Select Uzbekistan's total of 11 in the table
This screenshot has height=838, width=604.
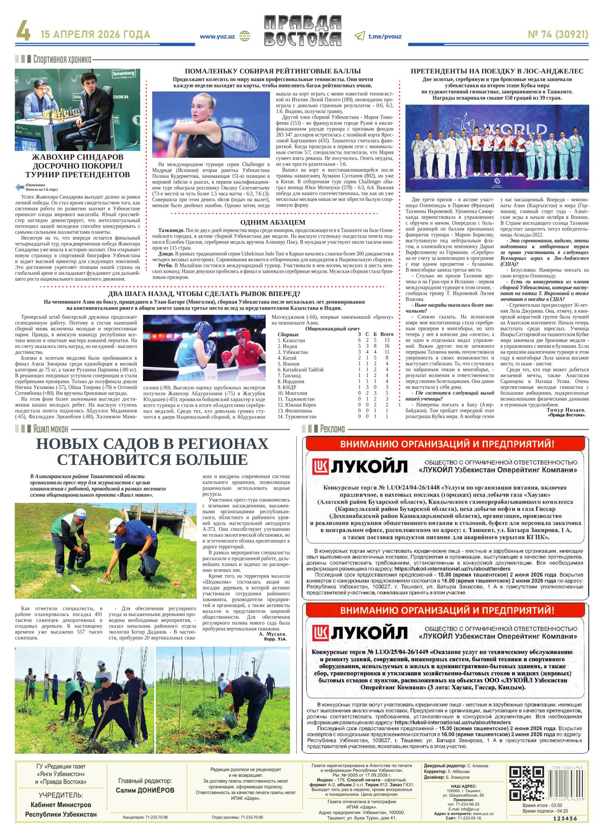pyautogui.click(x=387, y=352)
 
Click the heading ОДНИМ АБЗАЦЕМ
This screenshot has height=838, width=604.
pyautogui.click(x=273, y=222)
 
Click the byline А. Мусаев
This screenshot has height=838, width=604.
pyautogui.click(x=273, y=634)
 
